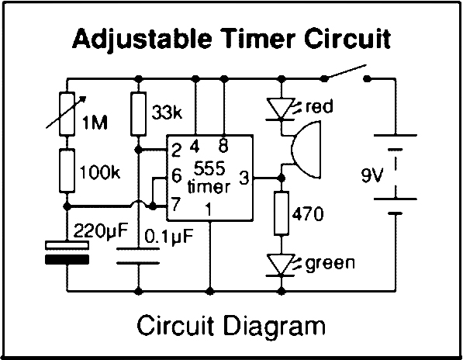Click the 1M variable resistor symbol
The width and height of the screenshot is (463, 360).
coord(67,114)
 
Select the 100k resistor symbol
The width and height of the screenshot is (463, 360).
coord(67,171)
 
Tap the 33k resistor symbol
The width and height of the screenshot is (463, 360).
coord(138,114)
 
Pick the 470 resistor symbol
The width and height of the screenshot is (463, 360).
coord(282,213)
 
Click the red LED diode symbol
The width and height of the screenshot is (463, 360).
coord(282,109)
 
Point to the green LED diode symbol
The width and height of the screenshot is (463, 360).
coord(282,265)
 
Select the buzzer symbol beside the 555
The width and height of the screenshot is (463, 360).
coord(306,150)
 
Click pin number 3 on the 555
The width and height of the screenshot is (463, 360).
coord(244,178)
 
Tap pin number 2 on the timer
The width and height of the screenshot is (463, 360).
coord(176,150)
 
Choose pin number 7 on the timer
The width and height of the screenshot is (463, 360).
coord(175,204)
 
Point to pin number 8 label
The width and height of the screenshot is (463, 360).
coord(223,146)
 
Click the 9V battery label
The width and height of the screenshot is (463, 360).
coord(372,175)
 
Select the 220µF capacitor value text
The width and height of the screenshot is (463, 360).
coord(101,231)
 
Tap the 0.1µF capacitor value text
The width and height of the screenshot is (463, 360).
coord(169,237)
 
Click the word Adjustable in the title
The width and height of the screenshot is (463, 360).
coord(142,39)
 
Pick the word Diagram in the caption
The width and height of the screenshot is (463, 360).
coord(275,326)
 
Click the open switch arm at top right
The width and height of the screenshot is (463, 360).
coord(345,71)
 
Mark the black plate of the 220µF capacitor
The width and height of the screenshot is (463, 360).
coord(67,259)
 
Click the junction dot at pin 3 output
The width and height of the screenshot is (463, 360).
coord(282,178)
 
